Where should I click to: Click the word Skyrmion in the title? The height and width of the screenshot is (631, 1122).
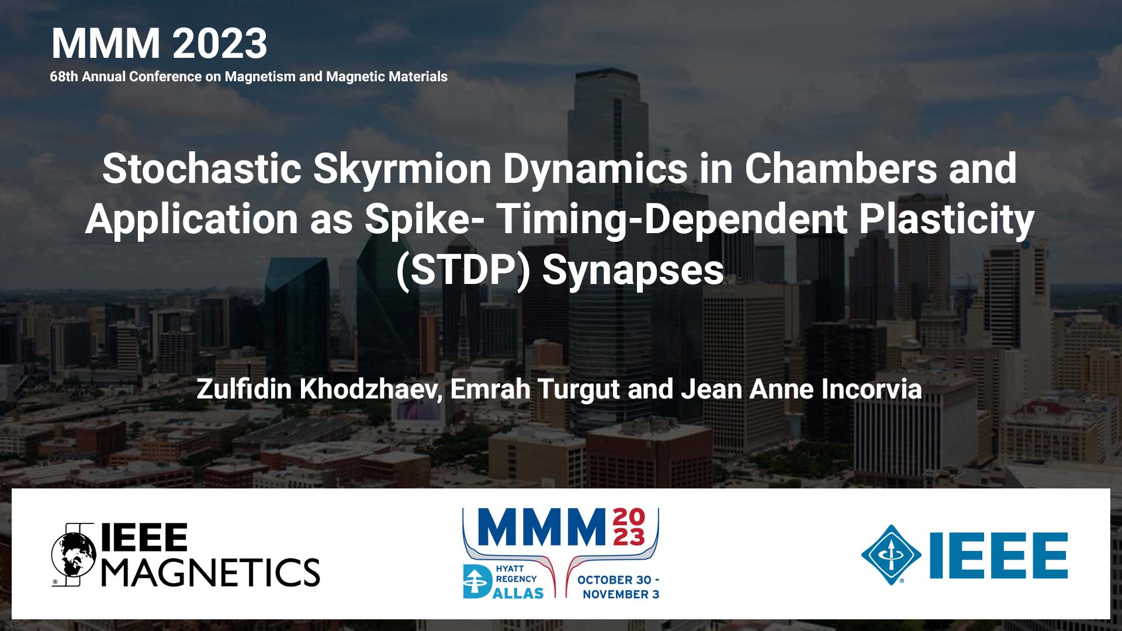(402, 169)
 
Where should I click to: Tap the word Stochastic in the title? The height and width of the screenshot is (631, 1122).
(202, 169)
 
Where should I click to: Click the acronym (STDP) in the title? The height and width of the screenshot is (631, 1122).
(463, 270)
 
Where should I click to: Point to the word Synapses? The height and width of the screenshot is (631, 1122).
(633, 270)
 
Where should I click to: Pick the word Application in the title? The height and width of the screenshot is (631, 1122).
(192, 219)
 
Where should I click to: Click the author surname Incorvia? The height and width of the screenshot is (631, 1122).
(871, 389)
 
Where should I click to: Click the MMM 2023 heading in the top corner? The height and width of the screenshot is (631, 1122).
(159, 43)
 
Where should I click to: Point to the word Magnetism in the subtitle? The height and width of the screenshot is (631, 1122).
(260, 77)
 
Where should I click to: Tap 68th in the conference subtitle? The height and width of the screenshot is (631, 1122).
(64, 77)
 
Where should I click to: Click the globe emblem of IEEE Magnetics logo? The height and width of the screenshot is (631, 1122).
(74, 555)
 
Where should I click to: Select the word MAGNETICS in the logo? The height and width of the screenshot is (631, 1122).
(211, 571)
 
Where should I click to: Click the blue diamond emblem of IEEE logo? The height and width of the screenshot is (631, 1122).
(891, 555)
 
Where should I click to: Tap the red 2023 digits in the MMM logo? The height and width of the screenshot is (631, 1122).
(629, 526)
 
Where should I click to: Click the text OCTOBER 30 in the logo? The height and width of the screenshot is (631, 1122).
(614, 580)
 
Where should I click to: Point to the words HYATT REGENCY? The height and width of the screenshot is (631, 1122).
(516, 574)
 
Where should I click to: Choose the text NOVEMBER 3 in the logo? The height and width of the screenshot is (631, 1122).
(621, 594)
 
